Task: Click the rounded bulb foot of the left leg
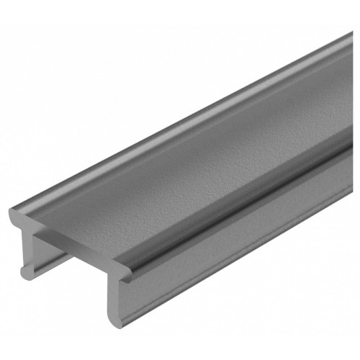[x=27, y=271]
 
